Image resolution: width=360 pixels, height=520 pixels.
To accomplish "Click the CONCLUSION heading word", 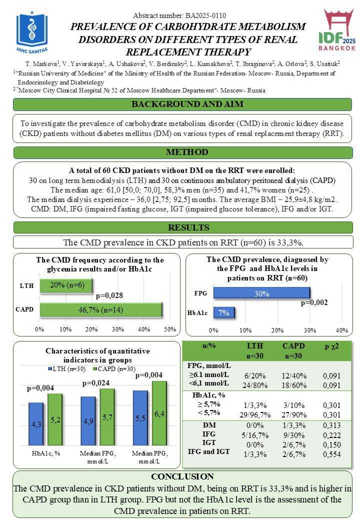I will [x=182, y=476].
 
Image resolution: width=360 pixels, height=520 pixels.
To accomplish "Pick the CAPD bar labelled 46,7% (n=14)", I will [x=100, y=309].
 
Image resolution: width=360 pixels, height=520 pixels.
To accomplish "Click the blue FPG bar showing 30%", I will [x=261, y=293].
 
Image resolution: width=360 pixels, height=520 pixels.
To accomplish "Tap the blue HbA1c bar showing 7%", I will [x=224, y=313].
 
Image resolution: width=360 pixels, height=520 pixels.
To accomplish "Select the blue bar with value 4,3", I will [x=36, y=424].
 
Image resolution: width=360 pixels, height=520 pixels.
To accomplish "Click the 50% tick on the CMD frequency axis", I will [x=170, y=329].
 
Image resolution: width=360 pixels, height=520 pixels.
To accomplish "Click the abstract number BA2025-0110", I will [x=180, y=16].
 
